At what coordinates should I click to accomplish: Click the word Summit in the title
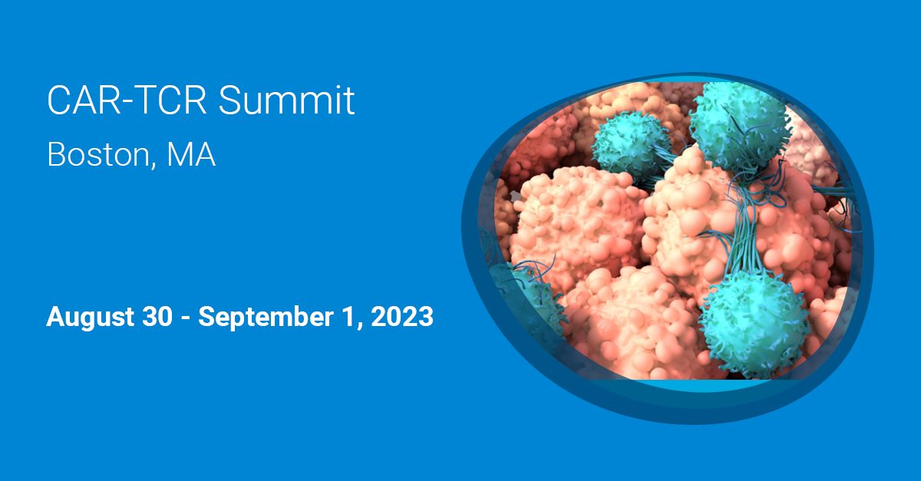click(287, 100)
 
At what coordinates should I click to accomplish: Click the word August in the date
click(84, 317)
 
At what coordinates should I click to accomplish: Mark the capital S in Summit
click(229, 100)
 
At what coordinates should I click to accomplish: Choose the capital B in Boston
click(56, 155)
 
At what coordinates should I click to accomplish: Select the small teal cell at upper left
click(622, 143)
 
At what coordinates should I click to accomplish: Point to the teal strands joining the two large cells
click(741, 230)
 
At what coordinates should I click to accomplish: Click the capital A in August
click(54, 316)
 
